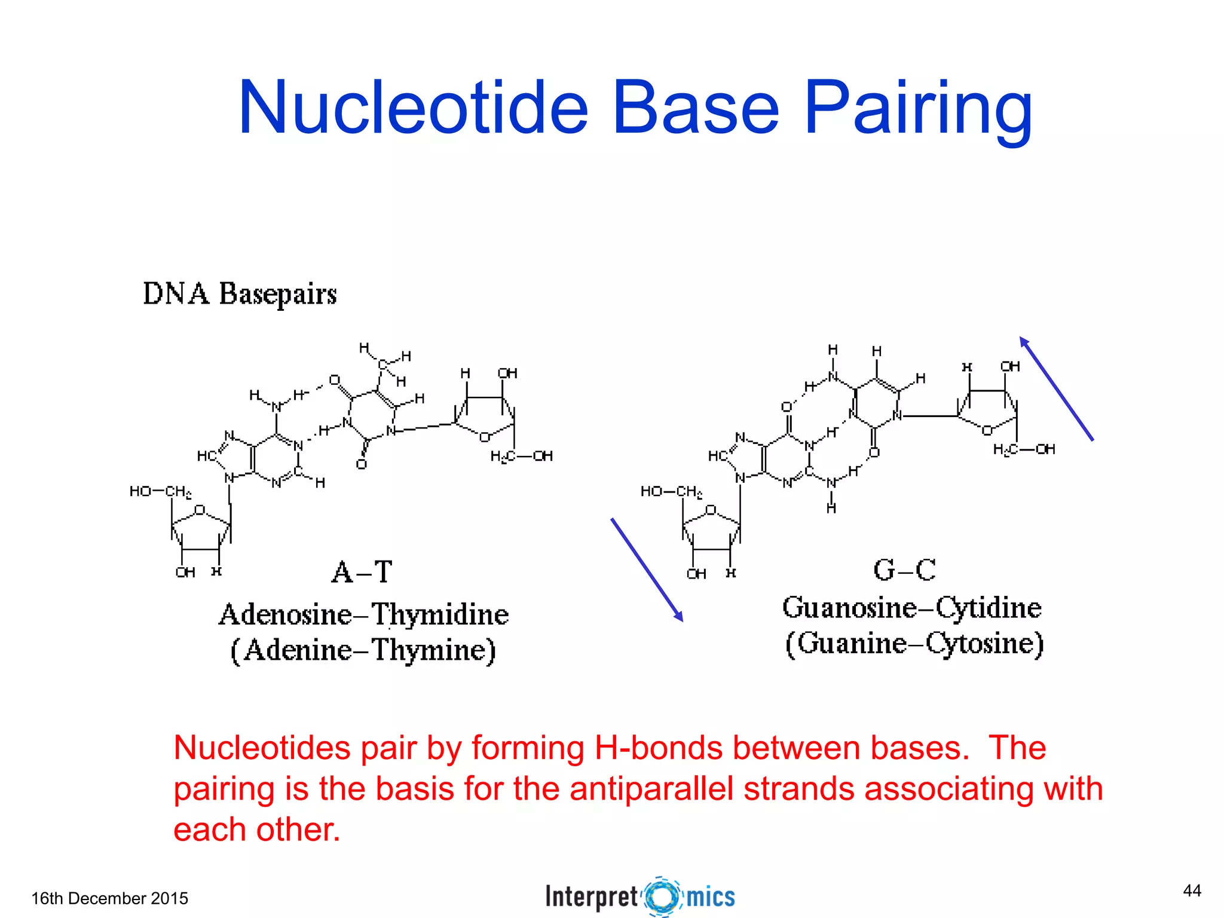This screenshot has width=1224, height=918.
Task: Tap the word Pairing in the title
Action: click(918, 109)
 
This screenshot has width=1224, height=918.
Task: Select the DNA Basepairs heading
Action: click(240, 294)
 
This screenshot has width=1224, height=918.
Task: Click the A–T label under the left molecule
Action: click(362, 572)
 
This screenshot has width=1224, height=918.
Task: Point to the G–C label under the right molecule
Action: click(904, 570)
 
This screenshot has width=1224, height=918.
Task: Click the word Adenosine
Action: click(285, 615)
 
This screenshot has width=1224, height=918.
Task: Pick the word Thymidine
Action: click(440, 615)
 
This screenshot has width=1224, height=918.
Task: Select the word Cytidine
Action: click(989, 608)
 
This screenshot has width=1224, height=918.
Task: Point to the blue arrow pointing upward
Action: click(1056, 388)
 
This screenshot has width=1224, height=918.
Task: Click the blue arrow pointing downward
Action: click(647, 570)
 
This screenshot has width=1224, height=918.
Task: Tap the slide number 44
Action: click(1192, 891)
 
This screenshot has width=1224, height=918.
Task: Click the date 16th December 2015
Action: click(109, 898)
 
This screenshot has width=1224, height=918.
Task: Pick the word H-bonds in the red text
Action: click(659, 748)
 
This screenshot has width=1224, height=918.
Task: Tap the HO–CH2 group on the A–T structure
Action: click(160, 492)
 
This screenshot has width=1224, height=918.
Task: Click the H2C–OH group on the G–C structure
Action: click(1024, 449)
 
